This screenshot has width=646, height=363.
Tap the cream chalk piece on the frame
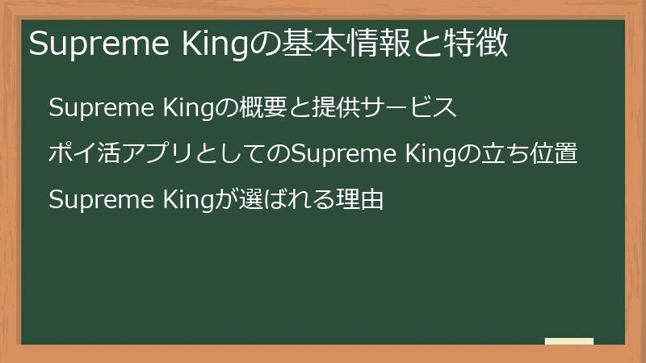click(569, 341)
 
